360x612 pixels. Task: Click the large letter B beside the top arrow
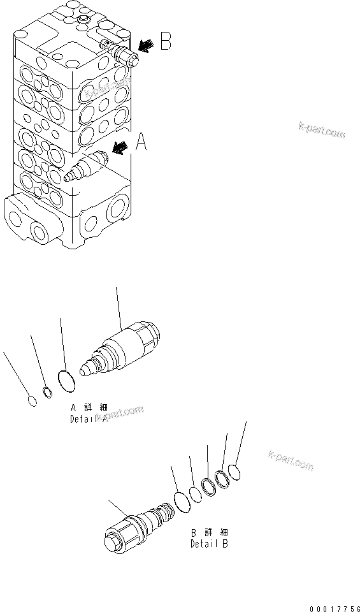165,43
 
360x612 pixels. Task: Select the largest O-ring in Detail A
66,382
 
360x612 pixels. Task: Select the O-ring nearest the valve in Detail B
182,501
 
